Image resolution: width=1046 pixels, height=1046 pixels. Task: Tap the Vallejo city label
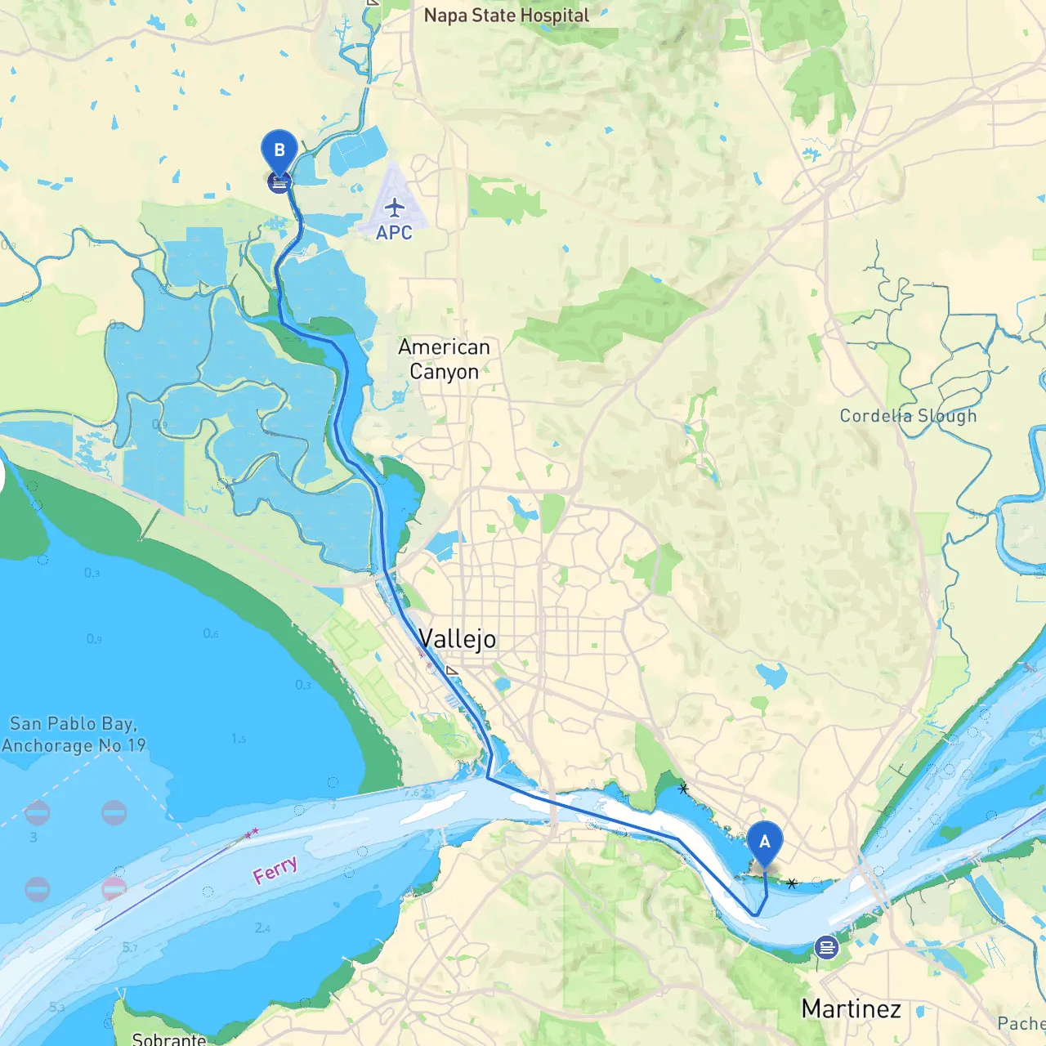coord(457,639)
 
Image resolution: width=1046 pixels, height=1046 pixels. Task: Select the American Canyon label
coord(444,360)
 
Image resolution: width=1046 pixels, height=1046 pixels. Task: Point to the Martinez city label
coord(851,1009)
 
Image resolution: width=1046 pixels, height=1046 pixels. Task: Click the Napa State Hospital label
coord(506,16)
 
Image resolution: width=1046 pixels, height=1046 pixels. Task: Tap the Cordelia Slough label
coord(908,416)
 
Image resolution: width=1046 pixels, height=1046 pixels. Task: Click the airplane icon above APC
coord(395,207)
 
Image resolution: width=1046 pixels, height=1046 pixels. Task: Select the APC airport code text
coord(394,233)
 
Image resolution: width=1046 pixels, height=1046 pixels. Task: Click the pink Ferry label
coord(275,871)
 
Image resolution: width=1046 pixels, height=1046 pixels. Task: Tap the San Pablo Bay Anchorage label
coord(74,735)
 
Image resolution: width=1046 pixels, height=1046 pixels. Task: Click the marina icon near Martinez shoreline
coord(826,948)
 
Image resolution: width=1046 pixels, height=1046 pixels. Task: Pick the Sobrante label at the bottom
coord(169,1039)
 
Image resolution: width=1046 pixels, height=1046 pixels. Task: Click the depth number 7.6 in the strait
coord(412,792)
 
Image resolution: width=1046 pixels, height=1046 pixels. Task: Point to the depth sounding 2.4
coord(262,928)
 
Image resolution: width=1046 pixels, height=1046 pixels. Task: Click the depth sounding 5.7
coord(130,947)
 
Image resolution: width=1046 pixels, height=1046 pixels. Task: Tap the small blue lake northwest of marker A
coord(771,675)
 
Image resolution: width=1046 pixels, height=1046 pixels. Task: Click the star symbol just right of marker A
coord(792,883)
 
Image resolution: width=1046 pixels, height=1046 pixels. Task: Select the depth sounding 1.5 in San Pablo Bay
coord(238,739)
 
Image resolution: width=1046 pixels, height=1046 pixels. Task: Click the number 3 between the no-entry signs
coord(34,838)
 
